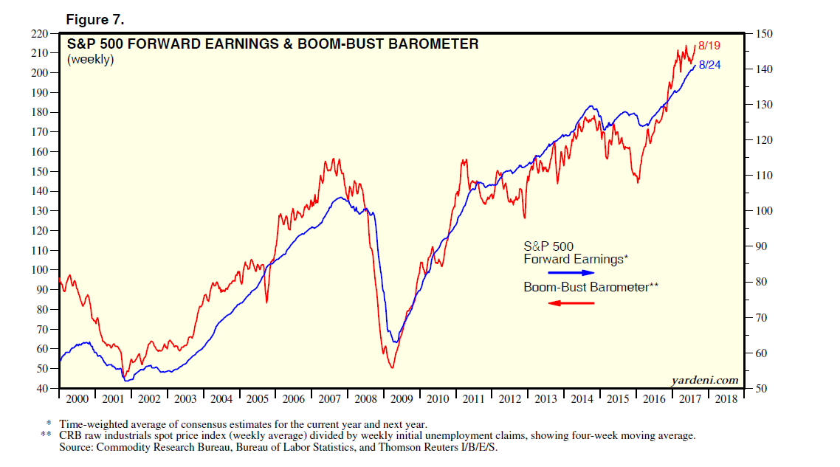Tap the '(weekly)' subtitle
[x=90, y=60]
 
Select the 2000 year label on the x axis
[x=77, y=399]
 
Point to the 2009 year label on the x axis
[x=402, y=399]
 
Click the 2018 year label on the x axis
[x=726, y=399]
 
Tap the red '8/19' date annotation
[x=709, y=46]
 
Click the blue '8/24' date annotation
[x=709, y=65]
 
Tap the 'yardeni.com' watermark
[x=705, y=380]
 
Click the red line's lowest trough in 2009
[x=392, y=367]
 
